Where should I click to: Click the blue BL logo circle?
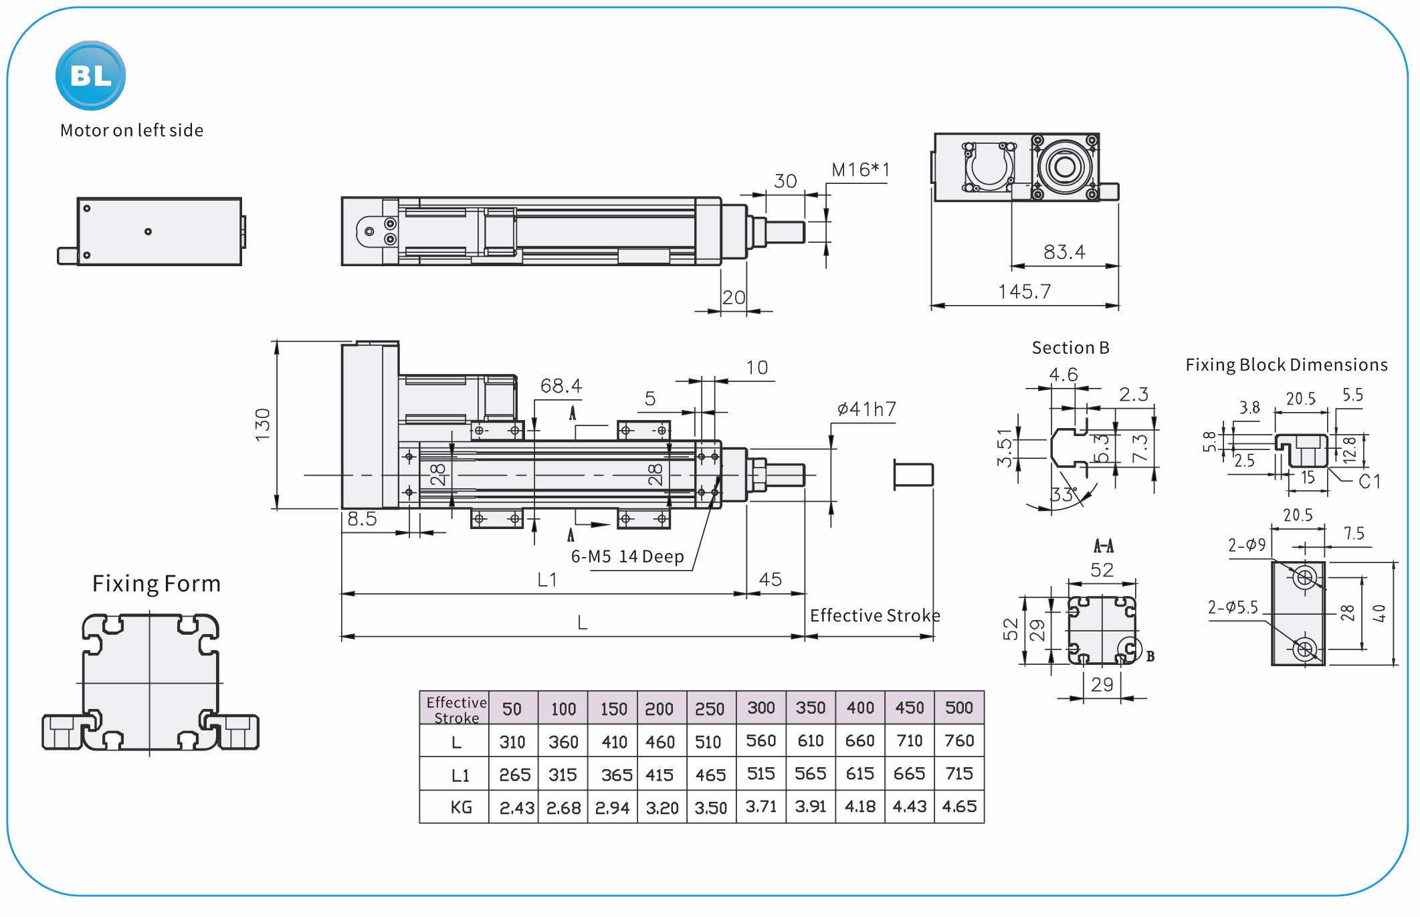pyautogui.click(x=90, y=76)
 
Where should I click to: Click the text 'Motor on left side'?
pyautogui.click(x=132, y=130)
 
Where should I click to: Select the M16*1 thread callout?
pyautogui.click(x=860, y=171)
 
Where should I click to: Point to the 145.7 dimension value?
pyautogui.click(x=1025, y=292)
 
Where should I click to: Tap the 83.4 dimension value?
pyautogui.click(x=1064, y=252)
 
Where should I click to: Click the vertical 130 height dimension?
pyautogui.click(x=263, y=424)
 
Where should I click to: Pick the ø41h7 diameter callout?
pyautogui.click(x=866, y=409)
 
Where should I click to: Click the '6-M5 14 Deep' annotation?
pyautogui.click(x=627, y=556)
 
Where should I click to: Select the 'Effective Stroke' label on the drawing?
pyautogui.click(x=875, y=615)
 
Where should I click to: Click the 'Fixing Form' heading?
pyautogui.click(x=157, y=584)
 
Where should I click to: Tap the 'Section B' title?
pyautogui.click(x=1070, y=348)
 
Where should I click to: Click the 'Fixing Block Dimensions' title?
pyautogui.click(x=1286, y=365)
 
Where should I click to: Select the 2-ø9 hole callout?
pyautogui.click(x=1247, y=546)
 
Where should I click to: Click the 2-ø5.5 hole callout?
pyautogui.click(x=1233, y=607)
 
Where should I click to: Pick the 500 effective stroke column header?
pyautogui.click(x=958, y=708)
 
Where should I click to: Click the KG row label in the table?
pyautogui.click(x=461, y=807)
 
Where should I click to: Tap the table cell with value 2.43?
pyautogui.click(x=516, y=808)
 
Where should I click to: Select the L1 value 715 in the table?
pyautogui.click(x=958, y=774)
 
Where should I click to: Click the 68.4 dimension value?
pyautogui.click(x=561, y=386)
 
